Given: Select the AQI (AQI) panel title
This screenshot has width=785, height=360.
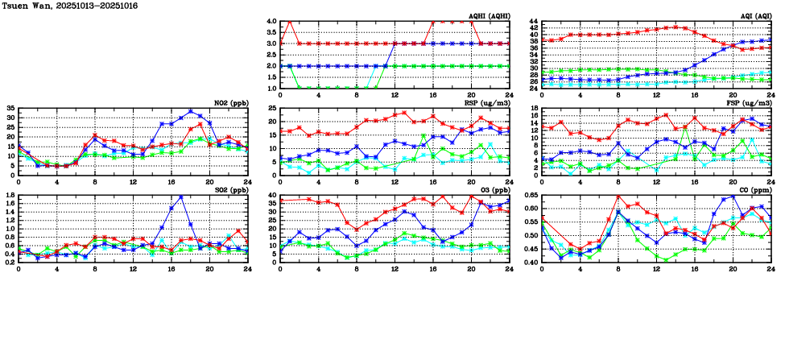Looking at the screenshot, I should tap(755, 16).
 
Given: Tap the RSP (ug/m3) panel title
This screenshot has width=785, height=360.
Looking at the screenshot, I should tap(489, 103).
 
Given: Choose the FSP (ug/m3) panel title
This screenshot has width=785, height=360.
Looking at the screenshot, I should tap(752, 103).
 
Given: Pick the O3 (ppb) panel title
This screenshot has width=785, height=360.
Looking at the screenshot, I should tap(493, 190).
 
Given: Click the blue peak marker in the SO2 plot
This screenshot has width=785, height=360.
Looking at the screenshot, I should tap(181, 197).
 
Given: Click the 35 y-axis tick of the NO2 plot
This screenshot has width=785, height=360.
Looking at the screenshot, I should tap(10, 108).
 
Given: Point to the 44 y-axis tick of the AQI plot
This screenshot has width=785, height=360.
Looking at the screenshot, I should tap(535, 21).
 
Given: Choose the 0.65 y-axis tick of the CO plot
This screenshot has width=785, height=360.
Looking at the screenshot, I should tap(531, 195).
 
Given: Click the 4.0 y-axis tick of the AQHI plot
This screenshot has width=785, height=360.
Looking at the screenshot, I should tap(271, 21).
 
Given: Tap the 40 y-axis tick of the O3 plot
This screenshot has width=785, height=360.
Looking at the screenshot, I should tap(273, 195).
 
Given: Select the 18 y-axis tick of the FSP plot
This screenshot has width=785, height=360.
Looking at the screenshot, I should tap(535, 108).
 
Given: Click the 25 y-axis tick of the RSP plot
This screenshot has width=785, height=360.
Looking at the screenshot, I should tap(273, 108).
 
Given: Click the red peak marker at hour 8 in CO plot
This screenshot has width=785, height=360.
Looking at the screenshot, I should tap(618, 197).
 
